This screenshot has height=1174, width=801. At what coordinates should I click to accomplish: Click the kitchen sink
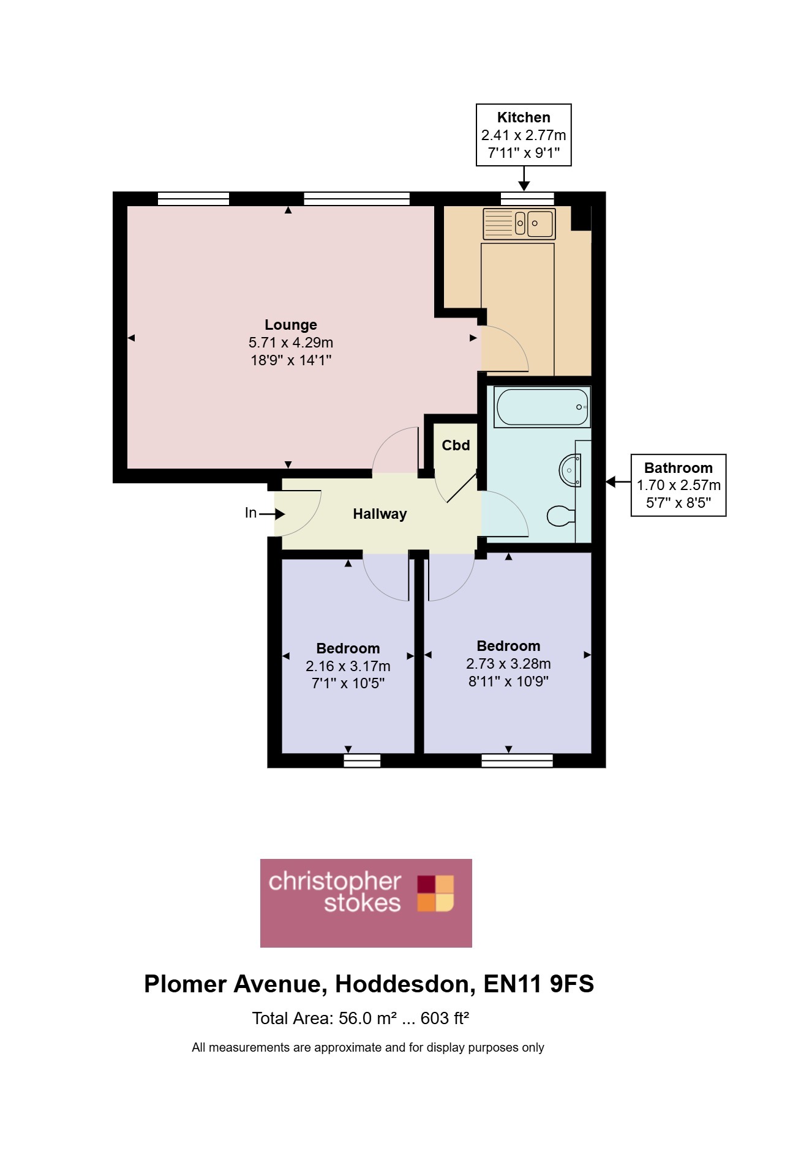point(519,223)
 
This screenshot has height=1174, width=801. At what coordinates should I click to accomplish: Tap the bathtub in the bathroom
point(543,407)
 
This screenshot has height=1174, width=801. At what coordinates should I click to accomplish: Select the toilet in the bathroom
point(560,516)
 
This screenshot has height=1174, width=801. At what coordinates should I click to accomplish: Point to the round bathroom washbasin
point(570,470)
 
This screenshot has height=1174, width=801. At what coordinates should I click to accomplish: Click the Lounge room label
point(291,325)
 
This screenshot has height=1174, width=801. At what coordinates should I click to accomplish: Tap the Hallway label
point(380,514)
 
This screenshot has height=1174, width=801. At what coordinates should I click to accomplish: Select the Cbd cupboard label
point(456,445)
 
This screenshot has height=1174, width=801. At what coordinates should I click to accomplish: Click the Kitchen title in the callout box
point(524,117)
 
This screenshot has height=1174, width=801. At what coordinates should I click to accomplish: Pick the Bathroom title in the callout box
point(679,468)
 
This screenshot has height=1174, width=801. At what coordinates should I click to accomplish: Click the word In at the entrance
point(250,513)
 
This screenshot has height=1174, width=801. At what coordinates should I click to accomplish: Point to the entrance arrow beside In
point(272,514)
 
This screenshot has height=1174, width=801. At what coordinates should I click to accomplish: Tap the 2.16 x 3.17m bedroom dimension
point(348,666)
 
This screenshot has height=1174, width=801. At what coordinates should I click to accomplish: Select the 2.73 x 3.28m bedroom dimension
point(508,664)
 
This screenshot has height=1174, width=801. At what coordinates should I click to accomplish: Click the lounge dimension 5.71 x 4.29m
point(291,343)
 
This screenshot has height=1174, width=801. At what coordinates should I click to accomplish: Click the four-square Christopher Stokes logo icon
point(436,893)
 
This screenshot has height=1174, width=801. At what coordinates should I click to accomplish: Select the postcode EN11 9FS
point(539,984)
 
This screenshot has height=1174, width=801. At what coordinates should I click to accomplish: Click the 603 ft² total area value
point(445,1018)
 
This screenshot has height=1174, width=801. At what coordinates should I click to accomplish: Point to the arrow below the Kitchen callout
point(524,178)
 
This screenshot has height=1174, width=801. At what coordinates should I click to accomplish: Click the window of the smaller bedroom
point(362,760)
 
